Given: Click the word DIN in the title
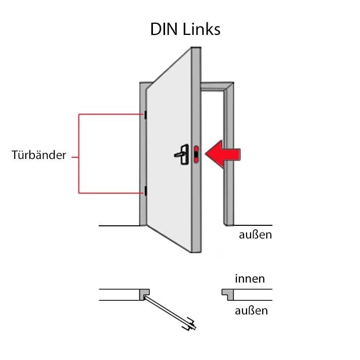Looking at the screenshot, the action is click(x=164, y=29).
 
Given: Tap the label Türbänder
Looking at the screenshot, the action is click(x=39, y=155).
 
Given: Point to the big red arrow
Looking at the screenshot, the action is click(x=223, y=154).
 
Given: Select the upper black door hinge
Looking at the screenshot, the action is click(x=145, y=115).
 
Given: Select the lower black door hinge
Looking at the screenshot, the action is click(x=145, y=191).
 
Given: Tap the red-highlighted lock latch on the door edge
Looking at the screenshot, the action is click(x=196, y=154).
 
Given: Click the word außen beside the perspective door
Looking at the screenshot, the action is click(x=255, y=234).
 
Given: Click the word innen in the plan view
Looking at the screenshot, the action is click(x=250, y=278).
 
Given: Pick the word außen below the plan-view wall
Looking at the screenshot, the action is click(x=251, y=311).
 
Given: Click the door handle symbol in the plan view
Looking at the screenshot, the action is click(x=189, y=324).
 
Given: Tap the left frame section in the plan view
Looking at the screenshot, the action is click(x=144, y=294).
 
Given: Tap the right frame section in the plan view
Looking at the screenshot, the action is click(x=228, y=294).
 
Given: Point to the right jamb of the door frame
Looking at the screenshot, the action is click(x=229, y=154).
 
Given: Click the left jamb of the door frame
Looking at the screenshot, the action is click(x=143, y=154).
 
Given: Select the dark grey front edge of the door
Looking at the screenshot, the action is click(x=196, y=150).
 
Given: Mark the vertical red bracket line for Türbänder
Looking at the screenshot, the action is click(x=79, y=153).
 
